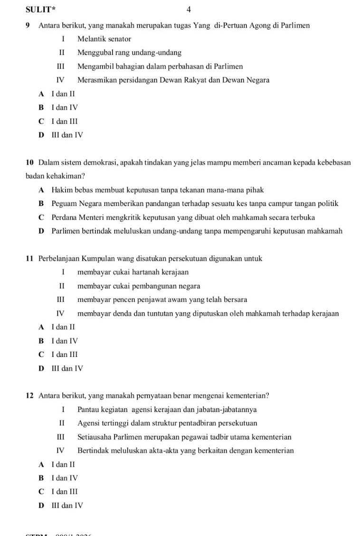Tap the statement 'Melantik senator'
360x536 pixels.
(x=104, y=39)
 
